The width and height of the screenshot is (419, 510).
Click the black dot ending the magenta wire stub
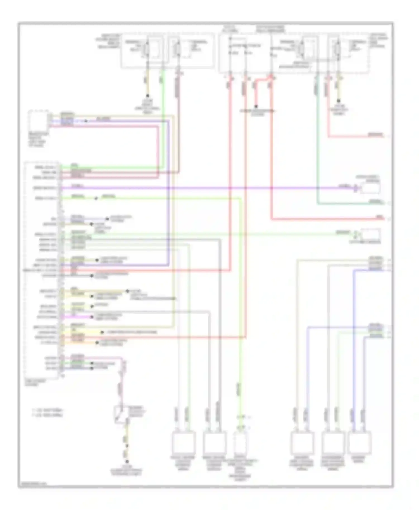[92, 317]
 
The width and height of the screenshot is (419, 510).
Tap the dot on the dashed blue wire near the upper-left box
[86, 121]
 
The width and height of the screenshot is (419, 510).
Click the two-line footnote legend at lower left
[47, 413]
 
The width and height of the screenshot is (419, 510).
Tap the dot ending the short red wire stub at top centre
[256, 106]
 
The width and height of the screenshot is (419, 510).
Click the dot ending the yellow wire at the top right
[339, 101]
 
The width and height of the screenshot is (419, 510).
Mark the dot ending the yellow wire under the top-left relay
[147, 95]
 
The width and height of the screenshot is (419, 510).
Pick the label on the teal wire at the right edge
[376, 201]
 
